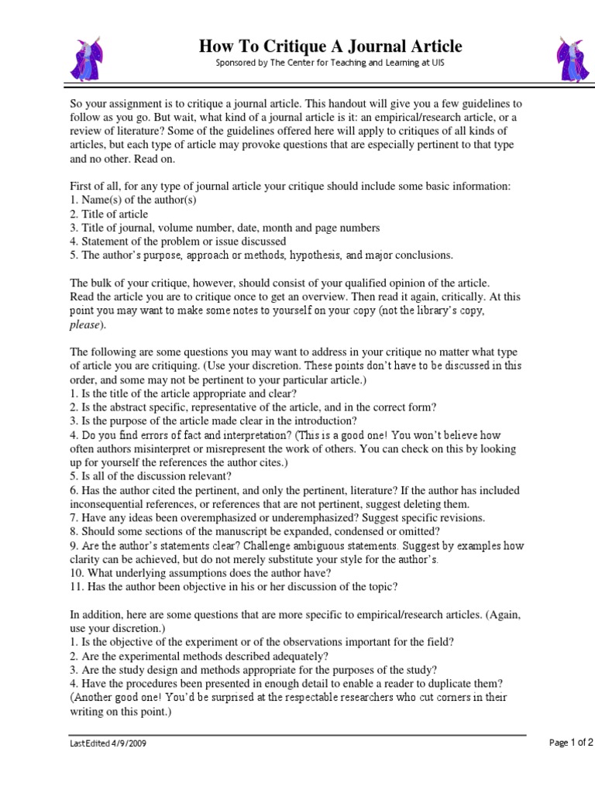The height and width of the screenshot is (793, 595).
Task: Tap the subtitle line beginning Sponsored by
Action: tap(329, 63)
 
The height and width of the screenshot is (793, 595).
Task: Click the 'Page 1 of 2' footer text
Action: tap(571, 742)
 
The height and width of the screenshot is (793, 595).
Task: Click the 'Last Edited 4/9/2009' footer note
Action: tap(108, 743)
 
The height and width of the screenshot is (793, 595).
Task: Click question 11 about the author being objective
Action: tap(233, 586)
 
